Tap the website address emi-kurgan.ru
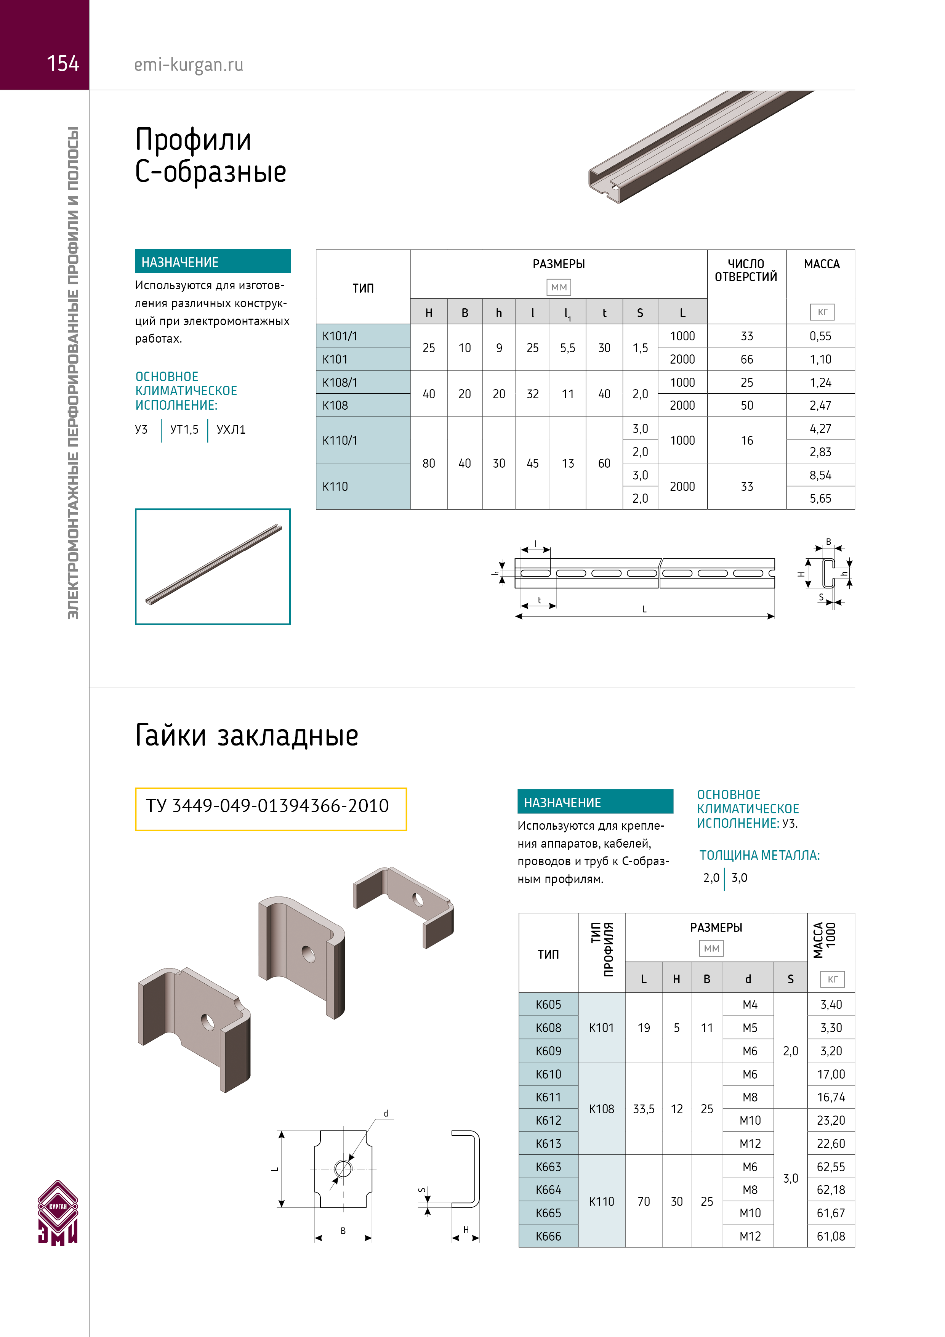pos(189,65)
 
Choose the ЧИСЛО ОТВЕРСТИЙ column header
pos(746,271)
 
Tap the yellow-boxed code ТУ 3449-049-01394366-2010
pos(267,806)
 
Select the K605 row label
pos(548,1005)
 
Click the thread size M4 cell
pos(750,1005)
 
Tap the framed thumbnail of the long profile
pos(213,567)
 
